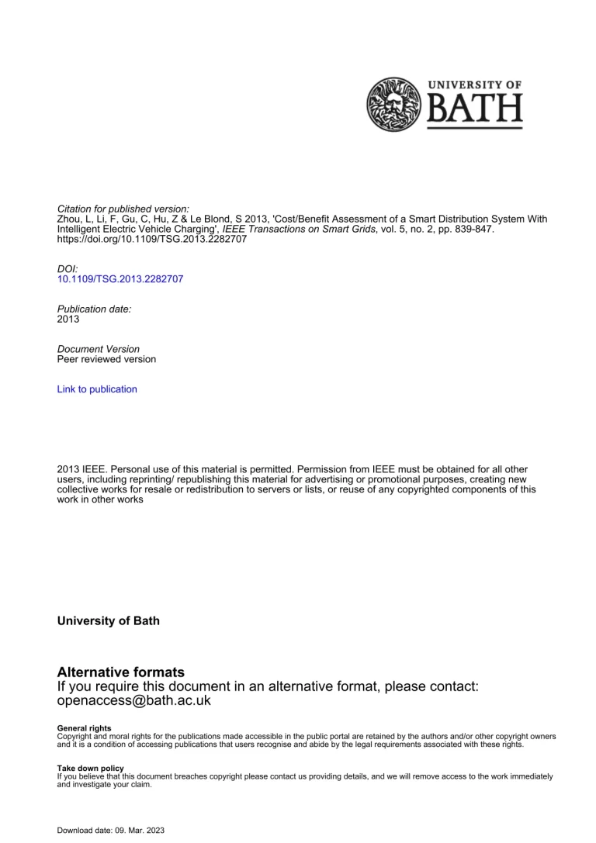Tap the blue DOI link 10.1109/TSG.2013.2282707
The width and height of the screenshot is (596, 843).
(x=120, y=279)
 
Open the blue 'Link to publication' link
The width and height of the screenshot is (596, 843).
(x=97, y=389)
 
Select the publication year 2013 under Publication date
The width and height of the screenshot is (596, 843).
(x=68, y=319)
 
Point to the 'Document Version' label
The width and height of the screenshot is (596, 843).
(x=99, y=349)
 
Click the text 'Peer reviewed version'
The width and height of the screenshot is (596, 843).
(x=106, y=359)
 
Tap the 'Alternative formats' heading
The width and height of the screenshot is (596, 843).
(x=121, y=672)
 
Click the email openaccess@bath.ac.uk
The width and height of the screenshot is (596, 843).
(x=134, y=700)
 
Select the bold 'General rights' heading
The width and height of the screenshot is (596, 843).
(x=85, y=728)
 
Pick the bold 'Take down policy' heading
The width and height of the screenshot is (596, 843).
(x=91, y=768)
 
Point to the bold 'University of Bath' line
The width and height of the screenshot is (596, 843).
(x=109, y=621)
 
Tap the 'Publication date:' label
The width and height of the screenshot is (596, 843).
(x=95, y=309)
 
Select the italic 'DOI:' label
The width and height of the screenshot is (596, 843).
(x=68, y=269)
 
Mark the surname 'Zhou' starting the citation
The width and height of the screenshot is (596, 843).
(x=69, y=219)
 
